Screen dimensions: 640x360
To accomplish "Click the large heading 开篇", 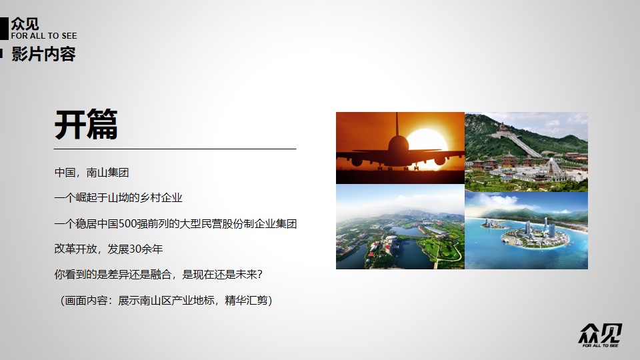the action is [86, 125].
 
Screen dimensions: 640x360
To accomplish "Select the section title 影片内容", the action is [44, 54].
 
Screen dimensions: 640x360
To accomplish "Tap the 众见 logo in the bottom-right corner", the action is [600, 335].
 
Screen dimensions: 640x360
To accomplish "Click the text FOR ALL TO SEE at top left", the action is [44, 36].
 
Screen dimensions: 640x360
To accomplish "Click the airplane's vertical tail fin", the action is [397, 126].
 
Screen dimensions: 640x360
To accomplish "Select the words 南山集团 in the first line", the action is [108, 173].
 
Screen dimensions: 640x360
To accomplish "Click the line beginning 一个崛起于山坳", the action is [119, 198].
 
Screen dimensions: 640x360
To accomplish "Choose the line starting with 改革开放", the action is [109, 249].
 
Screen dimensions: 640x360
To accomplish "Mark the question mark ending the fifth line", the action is [260, 274].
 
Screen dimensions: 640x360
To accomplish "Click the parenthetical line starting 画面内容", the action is [166, 301].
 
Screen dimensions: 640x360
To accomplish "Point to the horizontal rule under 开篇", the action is [175, 149].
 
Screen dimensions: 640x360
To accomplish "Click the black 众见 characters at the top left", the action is [25, 24].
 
